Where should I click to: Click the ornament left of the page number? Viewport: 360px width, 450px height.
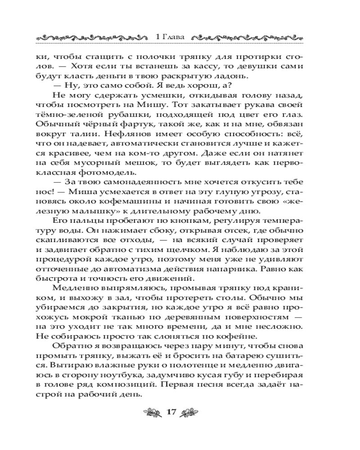point(150,412)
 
